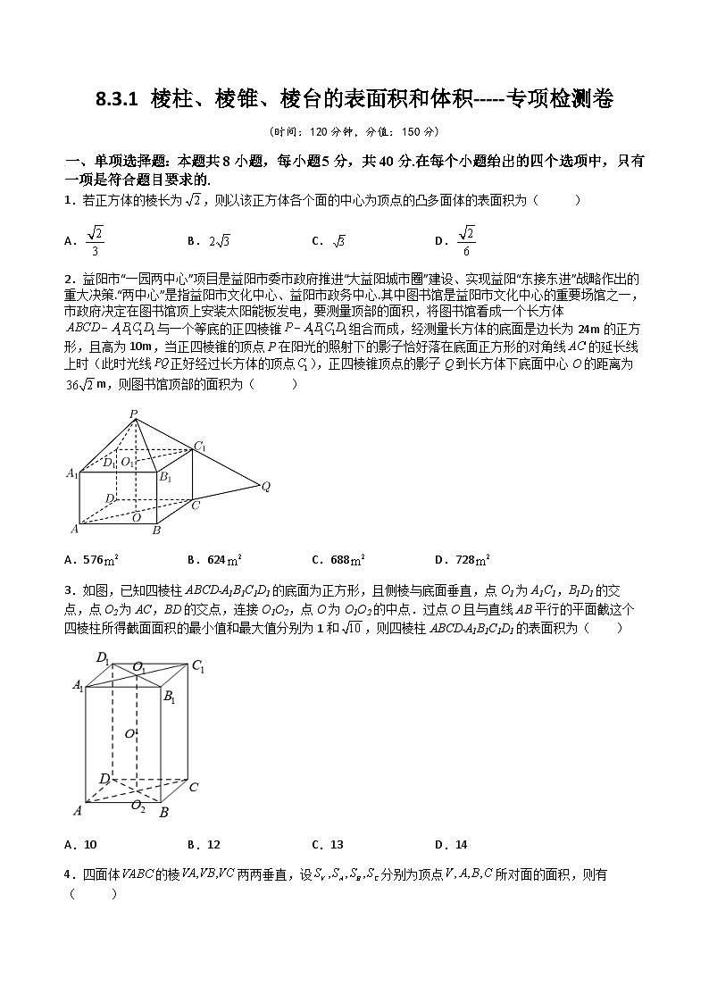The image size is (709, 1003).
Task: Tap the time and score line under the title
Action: (x=354, y=131)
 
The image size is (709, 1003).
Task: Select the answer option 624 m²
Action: (x=215, y=560)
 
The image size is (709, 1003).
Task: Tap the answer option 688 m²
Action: (x=338, y=560)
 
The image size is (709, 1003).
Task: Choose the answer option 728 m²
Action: (x=462, y=560)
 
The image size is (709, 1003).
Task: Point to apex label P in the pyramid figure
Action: (x=133, y=413)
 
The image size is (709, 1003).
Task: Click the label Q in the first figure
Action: (x=265, y=487)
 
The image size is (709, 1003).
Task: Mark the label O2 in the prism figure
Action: (x=138, y=806)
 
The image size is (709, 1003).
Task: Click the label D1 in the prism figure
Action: (x=104, y=659)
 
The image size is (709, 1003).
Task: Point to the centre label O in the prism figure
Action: (x=129, y=733)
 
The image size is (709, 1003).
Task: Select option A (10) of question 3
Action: (x=82, y=844)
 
